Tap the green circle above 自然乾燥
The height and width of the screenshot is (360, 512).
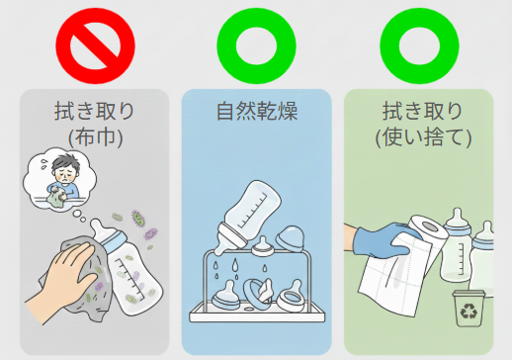point(227,46)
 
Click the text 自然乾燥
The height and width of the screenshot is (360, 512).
point(257,112)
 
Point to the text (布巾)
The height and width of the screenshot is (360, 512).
point(96,137)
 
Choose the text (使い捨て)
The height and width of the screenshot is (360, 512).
point(424,137)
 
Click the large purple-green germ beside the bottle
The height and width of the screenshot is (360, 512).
point(138,219)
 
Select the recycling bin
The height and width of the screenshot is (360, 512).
point(469,309)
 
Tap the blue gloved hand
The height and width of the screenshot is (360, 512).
point(383,240)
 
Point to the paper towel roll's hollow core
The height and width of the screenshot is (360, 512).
point(431,226)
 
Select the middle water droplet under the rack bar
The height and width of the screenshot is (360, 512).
point(235,264)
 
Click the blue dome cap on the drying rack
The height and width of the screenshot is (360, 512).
point(290,238)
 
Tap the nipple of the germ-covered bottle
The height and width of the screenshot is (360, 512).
point(100,228)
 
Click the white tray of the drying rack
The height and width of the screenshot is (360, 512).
point(257,313)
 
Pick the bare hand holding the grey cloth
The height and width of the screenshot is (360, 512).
point(62,280)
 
